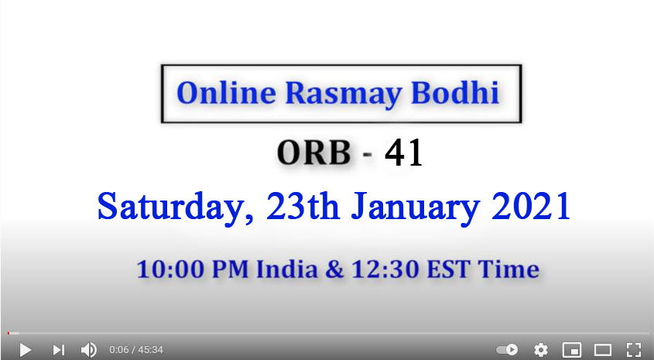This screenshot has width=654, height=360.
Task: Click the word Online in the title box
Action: tap(226, 93)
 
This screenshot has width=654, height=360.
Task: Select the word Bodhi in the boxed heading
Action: tap(455, 92)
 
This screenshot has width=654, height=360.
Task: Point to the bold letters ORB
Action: tap(313, 153)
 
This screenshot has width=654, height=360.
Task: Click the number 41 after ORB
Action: tap(403, 153)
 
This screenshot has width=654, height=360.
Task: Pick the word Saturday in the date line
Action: tap(175, 207)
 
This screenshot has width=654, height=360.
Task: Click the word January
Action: tap(415, 207)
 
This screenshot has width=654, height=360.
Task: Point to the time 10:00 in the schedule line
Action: tap(171, 269)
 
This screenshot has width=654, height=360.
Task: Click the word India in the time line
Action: tap(286, 269)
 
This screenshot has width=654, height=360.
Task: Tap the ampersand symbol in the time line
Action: tap(334, 269)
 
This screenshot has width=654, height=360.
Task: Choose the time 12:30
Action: tap(385, 269)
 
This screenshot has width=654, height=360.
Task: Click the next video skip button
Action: tap(58, 350)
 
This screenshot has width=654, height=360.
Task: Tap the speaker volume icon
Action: tap(88, 350)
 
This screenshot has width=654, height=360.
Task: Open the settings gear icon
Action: tap(541, 350)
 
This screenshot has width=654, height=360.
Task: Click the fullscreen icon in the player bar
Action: tap(634, 350)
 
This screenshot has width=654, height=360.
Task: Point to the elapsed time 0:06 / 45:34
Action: tap(136, 350)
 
